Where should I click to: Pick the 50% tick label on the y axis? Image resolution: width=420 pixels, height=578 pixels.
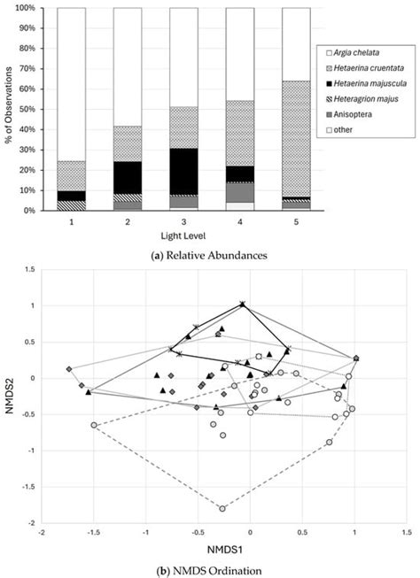coord(27,110)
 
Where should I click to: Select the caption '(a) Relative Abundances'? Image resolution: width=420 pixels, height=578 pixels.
coord(209,256)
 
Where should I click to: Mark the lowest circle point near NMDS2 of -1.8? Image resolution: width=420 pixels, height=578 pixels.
coord(222,509)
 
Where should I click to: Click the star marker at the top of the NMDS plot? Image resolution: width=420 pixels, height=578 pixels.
coord(243,304)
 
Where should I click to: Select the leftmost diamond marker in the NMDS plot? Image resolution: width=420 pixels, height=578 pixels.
coord(69,369)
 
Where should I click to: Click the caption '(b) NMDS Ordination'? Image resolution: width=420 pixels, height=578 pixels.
coord(209,570)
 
